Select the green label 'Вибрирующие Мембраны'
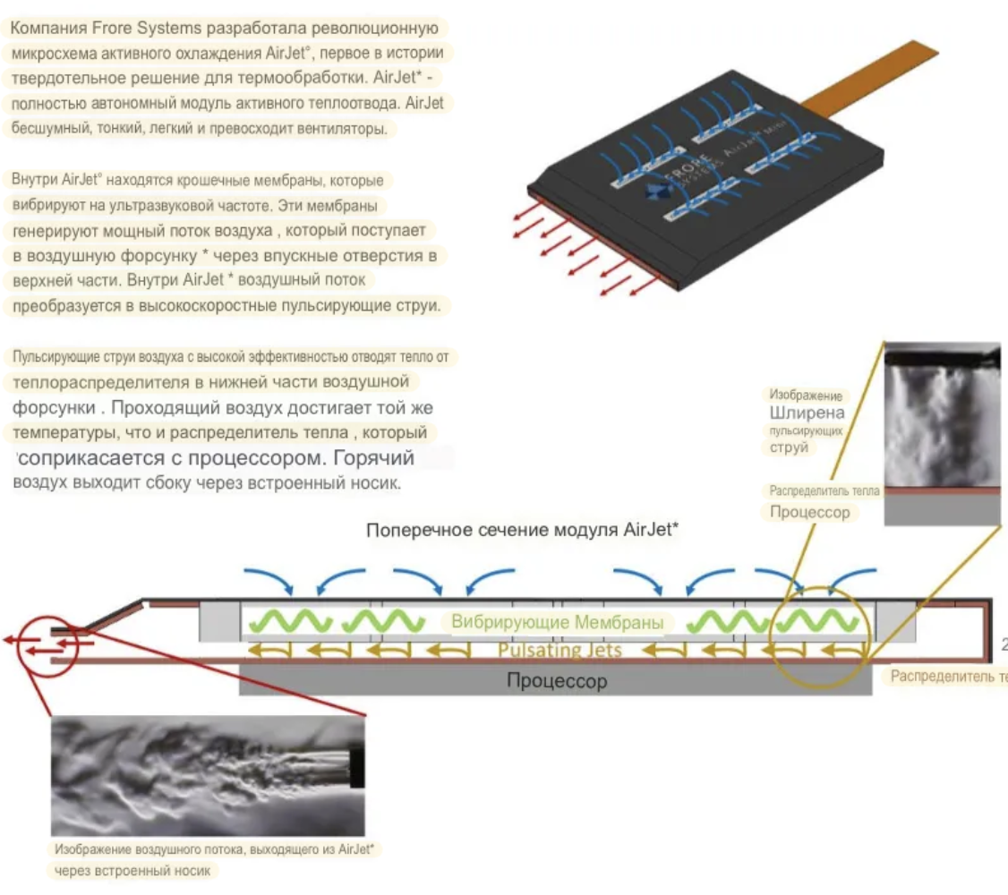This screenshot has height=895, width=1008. (558, 622)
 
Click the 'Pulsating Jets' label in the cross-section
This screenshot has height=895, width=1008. (559, 650)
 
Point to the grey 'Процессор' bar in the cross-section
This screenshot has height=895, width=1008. (556, 681)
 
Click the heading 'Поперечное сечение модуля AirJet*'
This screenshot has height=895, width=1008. (522, 529)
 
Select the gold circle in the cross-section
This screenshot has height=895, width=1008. (821, 636)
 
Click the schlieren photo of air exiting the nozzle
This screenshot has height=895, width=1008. (208, 763)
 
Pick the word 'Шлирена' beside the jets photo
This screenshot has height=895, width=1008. (806, 413)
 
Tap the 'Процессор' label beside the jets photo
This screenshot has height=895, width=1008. (810, 513)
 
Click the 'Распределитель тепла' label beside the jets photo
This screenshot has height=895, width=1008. (824, 491)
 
